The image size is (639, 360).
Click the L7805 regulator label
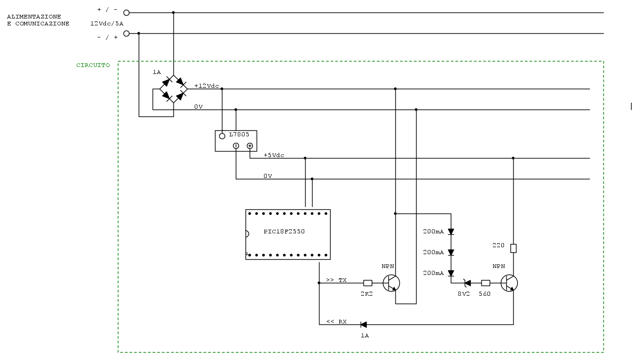point(239,134)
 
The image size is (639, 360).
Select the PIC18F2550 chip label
point(284,232)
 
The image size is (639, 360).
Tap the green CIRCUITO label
point(93,65)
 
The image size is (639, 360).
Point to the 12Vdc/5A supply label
point(107,23)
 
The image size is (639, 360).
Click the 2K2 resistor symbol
point(368,283)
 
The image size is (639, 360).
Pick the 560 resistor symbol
point(485,283)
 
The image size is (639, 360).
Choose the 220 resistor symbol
point(513,248)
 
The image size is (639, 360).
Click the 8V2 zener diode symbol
point(467,283)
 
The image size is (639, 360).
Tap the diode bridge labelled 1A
point(173,89)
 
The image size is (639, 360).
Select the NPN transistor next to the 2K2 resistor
point(392,283)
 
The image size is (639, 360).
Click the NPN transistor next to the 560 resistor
point(509,283)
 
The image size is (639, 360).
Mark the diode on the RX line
point(363,324)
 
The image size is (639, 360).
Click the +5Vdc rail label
point(274,155)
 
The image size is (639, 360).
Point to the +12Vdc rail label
point(207,86)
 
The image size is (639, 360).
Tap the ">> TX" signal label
point(336,280)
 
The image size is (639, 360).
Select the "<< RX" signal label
point(336,322)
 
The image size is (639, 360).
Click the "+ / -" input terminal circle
point(126,13)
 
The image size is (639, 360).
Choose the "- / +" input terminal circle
point(126,33)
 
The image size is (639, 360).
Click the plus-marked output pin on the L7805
point(250,146)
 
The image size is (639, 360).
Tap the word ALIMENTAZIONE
point(34,17)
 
